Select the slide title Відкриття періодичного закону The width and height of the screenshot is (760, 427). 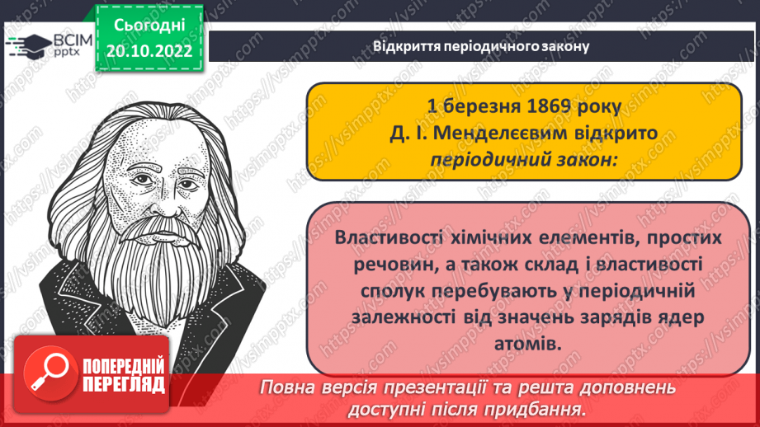pos(481,47)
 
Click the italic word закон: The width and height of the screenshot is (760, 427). pos(589,159)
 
